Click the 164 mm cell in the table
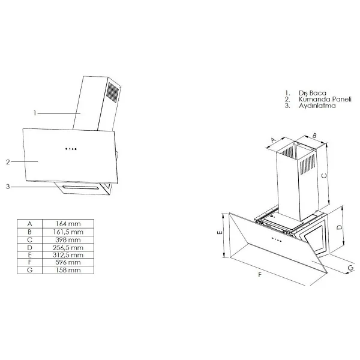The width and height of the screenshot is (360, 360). pos(68,224)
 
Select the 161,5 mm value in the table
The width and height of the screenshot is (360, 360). pos(68,232)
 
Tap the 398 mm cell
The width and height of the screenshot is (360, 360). pos(68,239)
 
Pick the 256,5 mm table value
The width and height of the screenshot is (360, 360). pos(68,247)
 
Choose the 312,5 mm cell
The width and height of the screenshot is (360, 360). pos(68,255)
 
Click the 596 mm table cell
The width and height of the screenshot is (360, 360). pos(68,262)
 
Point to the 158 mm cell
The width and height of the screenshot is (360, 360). pos(68,270)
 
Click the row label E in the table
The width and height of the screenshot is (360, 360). pos(29,255)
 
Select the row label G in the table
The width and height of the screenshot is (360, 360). pos(29,270)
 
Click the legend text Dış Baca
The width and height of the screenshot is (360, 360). pos(312,93)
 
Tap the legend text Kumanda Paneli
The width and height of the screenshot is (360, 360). pos(325,99)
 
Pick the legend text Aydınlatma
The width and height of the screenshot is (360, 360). pos(317,106)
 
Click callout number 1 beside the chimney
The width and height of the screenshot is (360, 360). pos(35,113)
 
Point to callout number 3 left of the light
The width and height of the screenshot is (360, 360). pos(8,187)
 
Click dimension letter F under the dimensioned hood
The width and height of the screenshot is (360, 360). pos(260,275)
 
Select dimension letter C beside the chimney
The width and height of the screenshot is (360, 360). pos(324,176)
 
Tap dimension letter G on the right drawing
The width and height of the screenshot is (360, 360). pos(350,268)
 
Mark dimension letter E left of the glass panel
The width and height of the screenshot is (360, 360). pos(220,232)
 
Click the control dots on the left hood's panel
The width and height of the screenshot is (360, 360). pos(71,149)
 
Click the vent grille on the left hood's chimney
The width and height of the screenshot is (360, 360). pos(113,92)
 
